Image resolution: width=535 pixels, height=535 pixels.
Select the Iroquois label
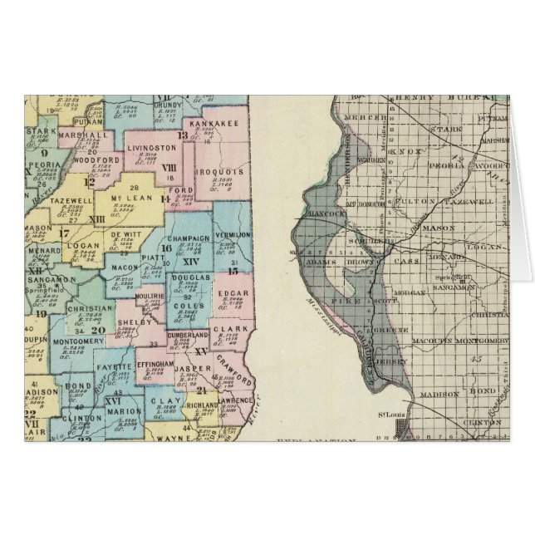(218, 172)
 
